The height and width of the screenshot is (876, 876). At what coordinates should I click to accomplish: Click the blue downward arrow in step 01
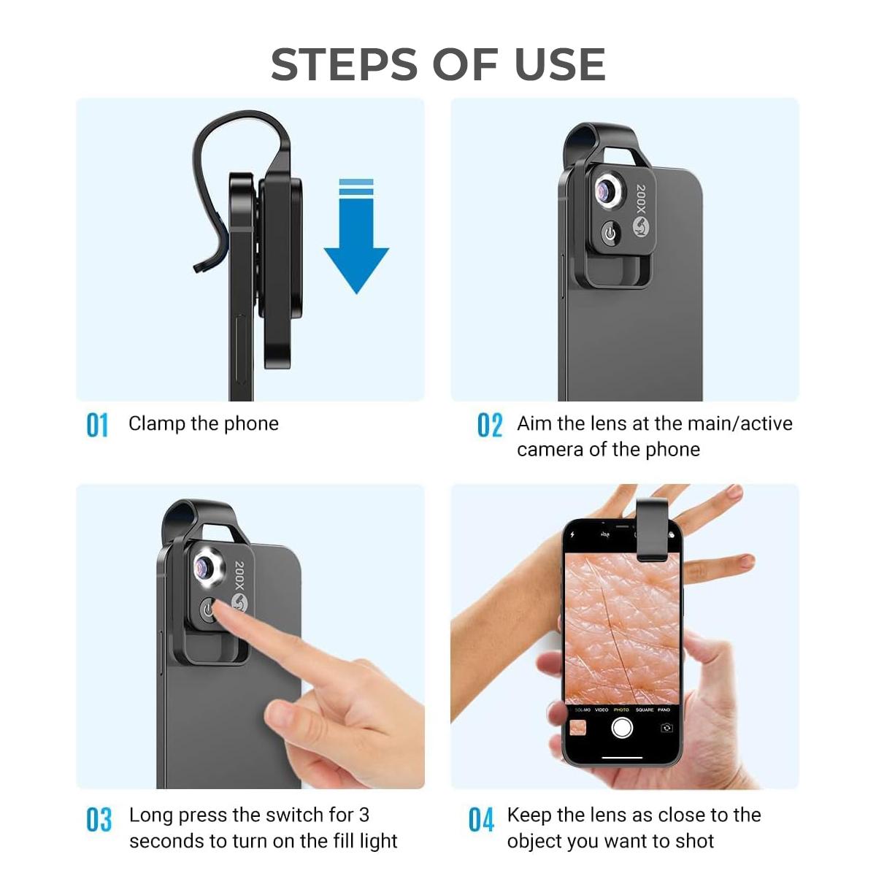pyautogui.click(x=356, y=245)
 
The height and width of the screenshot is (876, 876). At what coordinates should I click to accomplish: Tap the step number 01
pyautogui.click(x=97, y=425)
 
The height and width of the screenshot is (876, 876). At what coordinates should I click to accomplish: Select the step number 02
pyautogui.click(x=490, y=425)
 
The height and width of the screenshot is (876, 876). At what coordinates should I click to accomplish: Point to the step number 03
pyautogui.click(x=99, y=820)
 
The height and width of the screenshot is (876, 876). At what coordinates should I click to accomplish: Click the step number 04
pyautogui.click(x=481, y=820)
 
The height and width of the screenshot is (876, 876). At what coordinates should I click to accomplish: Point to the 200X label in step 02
pyautogui.click(x=641, y=199)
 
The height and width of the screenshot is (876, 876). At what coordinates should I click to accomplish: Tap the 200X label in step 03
pyautogui.click(x=240, y=576)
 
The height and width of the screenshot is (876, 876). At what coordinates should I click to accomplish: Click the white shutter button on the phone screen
pyautogui.click(x=622, y=728)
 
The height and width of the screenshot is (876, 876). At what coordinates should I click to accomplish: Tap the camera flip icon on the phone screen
pyautogui.click(x=666, y=728)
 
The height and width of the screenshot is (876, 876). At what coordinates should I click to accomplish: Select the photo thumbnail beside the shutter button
pyautogui.click(x=578, y=728)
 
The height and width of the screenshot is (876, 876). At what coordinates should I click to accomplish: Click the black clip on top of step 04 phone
pyautogui.click(x=651, y=529)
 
